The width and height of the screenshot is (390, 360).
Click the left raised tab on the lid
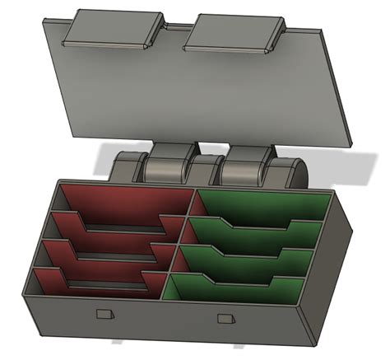[113, 29]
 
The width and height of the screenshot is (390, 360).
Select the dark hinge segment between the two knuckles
[207, 171]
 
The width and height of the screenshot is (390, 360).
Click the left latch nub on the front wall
[104, 313]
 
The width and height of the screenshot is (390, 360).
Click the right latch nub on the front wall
[225, 318]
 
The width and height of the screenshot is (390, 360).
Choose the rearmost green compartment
[263, 206]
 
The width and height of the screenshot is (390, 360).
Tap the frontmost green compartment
[239, 292]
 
